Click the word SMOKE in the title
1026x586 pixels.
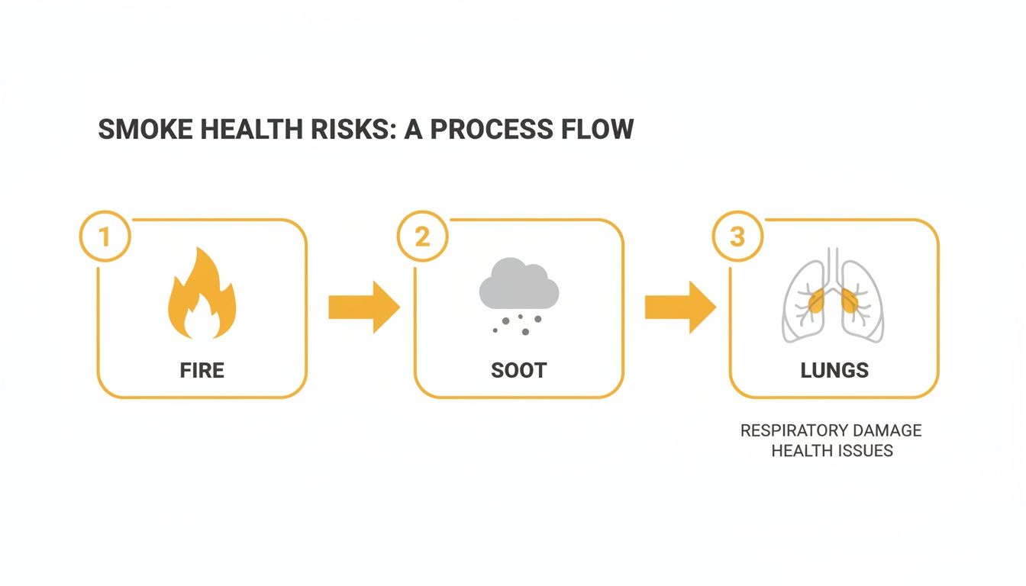tap(144, 130)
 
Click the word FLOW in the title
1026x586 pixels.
tap(598, 130)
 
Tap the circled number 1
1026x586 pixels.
tap(105, 237)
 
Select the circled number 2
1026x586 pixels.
tap(422, 237)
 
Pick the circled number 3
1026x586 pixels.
tap(737, 237)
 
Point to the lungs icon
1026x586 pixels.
tap(833, 298)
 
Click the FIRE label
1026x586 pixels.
tap(202, 371)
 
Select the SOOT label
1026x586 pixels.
tap(519, 371)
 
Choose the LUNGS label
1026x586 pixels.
tap(834, 371)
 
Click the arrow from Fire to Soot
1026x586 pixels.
tap(363, 307)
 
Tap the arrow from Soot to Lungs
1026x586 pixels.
tap(679, 307)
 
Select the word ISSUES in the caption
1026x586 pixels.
tap(863, 450)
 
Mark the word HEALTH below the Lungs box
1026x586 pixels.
tap(800, 450)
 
